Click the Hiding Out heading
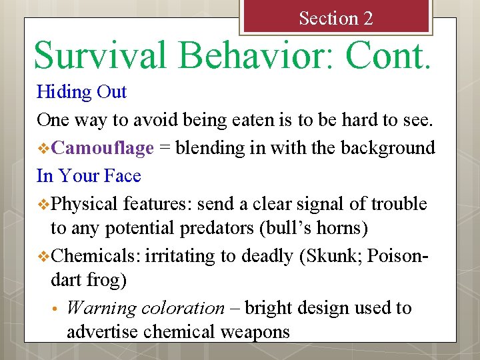point(81,91)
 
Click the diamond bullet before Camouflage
point(43,148)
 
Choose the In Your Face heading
point(89,175)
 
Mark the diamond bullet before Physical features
point(43,204)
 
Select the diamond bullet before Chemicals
point(43,256)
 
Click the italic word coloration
point(181,308)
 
